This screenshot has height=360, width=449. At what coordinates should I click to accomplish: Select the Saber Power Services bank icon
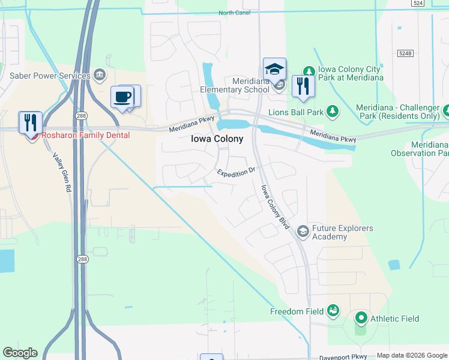[x=100, y=76]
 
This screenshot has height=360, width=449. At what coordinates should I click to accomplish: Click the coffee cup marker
[x=122, y=97]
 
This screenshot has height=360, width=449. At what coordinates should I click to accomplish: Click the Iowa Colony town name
[x=217, y=139]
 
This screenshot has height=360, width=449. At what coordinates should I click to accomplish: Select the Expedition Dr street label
[x=237, y=172]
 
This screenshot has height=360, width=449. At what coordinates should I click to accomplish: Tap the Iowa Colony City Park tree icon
[x=309, y=71]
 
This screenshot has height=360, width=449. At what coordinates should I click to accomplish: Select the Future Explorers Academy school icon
[x=303, y=230]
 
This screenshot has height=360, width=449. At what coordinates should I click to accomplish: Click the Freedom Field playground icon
[x=333, y=311]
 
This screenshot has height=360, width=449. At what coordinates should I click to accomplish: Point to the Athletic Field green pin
[x=361, y=318]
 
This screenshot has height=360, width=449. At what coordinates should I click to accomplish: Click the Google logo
[x=20, y=353]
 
